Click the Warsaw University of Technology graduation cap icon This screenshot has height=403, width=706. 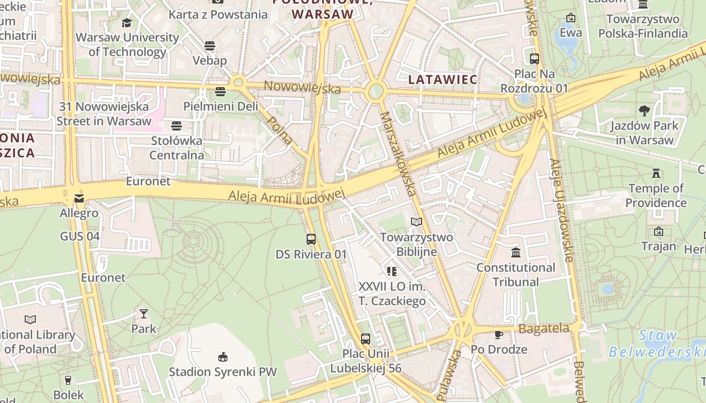[127, 23]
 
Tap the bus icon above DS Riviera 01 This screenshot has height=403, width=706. [311, 239]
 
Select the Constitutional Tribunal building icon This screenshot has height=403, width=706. [515, 252]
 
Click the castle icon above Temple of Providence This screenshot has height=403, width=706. [656, 173]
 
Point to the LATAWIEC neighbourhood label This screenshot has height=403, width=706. [442, 80]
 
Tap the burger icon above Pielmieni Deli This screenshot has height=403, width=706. [220, 92]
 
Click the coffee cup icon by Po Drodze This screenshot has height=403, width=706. [499, 334]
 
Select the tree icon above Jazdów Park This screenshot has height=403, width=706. [644, 110]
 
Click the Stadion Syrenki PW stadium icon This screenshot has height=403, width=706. [222, 357]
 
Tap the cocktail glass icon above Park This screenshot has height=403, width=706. [144, 314]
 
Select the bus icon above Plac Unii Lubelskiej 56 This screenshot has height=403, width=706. [366, 339]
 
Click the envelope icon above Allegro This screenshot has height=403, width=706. [79, 198]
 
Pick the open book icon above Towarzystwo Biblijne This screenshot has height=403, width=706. [416, 222]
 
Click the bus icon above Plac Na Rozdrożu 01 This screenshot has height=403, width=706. [535, 59]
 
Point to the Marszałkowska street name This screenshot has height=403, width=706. [398, 154]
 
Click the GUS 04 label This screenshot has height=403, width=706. [80, 236]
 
